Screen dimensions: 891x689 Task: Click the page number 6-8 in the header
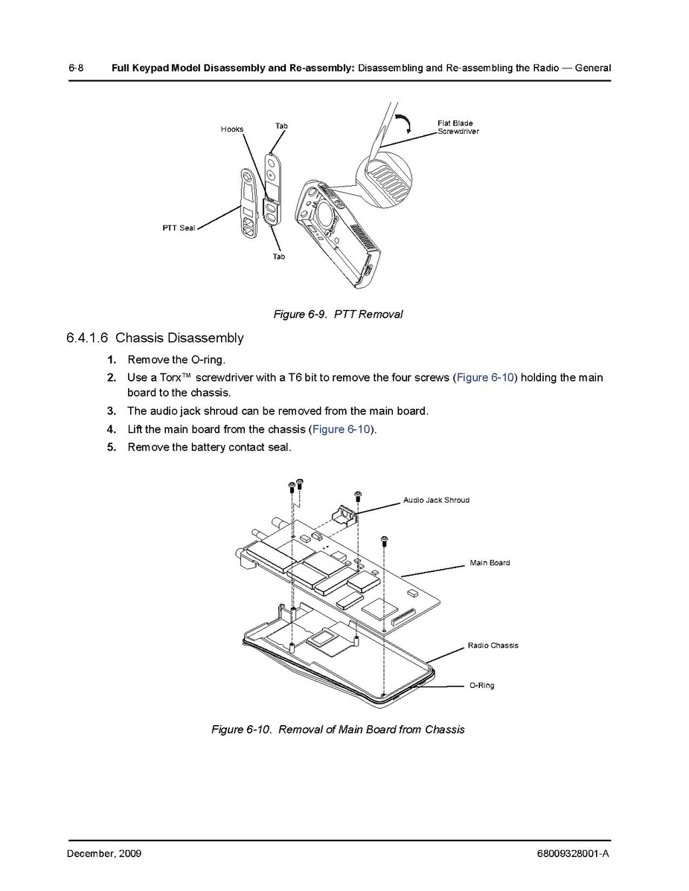[75, 68]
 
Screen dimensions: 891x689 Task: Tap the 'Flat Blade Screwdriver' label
[458, 127]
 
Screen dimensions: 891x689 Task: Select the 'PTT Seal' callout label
[179, 228]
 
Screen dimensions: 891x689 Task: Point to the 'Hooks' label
[232, 129]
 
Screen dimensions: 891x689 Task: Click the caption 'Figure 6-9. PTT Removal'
[338, 315]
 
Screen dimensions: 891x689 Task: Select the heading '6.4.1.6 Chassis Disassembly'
[155, 338]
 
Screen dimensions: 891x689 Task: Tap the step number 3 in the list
[112, 411]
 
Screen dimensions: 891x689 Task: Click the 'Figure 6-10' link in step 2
[484, 378]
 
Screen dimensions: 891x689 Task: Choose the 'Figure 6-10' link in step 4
[342, 429]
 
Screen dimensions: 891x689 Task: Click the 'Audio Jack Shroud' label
[436, 501]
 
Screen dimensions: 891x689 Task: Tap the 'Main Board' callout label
[490, 563]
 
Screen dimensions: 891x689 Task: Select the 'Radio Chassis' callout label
[493, 646]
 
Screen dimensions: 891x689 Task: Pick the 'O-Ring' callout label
[481, 686]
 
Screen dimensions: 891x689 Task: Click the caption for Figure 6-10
[338, 730]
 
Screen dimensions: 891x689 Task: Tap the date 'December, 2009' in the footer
[104, 854]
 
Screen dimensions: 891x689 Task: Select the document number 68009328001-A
[572, 854]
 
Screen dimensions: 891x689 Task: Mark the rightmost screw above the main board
[384, 539]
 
